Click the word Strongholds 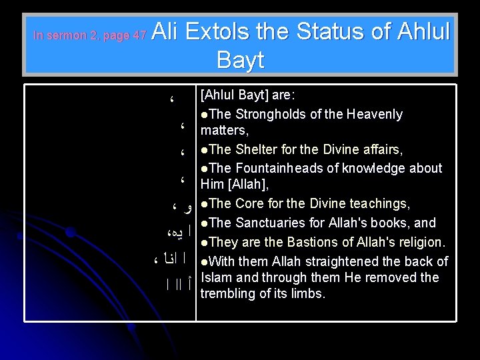pyautogui.click(x=267, y=114)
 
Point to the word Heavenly pyautogui.click(x=374, y=114)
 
